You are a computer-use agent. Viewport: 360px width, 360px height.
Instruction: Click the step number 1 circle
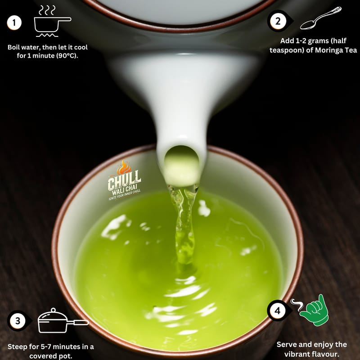[14, 23]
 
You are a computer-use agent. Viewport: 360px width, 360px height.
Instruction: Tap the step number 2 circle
[278, 21]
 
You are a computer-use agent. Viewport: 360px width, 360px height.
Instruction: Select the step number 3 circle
[18, 321]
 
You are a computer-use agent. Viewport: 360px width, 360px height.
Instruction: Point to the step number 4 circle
[278, 311]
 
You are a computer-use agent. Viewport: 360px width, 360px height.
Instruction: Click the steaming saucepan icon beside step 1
[52, 21]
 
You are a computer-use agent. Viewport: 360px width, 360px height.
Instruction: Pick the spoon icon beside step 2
[321, 18]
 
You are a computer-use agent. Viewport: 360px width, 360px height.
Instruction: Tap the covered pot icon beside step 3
[63, 320]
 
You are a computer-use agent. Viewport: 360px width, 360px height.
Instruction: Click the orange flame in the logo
[123, 167]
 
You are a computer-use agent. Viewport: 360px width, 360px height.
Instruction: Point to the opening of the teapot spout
[182, 166]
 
